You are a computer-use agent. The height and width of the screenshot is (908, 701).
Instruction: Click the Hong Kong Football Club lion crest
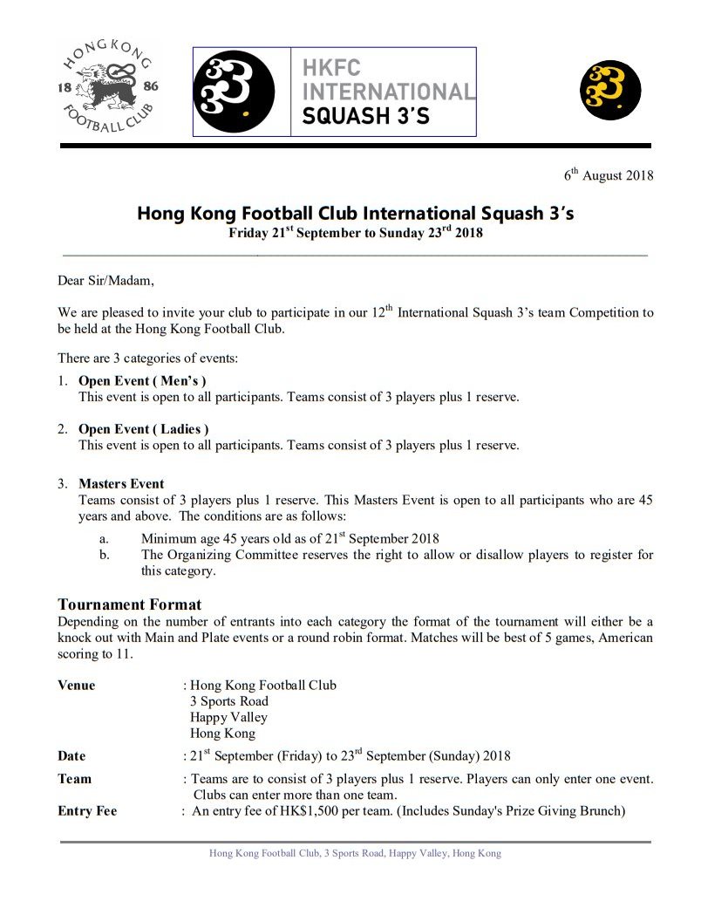click(108, 86)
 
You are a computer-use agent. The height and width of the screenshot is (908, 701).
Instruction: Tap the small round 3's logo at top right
click(610, 92)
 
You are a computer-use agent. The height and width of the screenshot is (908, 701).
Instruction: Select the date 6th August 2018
click(608, 175)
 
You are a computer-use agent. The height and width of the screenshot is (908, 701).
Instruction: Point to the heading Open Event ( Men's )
click(142, 381)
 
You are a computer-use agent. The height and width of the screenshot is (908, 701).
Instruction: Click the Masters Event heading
click(121, 484)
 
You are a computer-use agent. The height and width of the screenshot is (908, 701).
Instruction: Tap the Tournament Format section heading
click(129, 604)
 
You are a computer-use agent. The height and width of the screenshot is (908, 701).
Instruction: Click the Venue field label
click(77, 686)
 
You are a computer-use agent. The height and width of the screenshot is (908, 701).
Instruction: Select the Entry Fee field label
click(87, 811)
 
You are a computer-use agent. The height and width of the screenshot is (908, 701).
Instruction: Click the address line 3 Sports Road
click(229, 701)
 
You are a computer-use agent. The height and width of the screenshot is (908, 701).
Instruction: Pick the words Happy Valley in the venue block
click(228, 717)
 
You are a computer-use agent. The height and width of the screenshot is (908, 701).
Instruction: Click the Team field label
click(75, 779)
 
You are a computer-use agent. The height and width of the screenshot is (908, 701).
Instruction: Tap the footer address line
click(355, 853)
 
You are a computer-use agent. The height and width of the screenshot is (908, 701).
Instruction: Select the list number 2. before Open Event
click(63, 429)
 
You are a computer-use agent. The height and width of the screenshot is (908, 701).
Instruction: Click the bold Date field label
click(72, 756)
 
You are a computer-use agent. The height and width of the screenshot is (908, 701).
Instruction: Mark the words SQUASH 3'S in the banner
click(366, 116)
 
